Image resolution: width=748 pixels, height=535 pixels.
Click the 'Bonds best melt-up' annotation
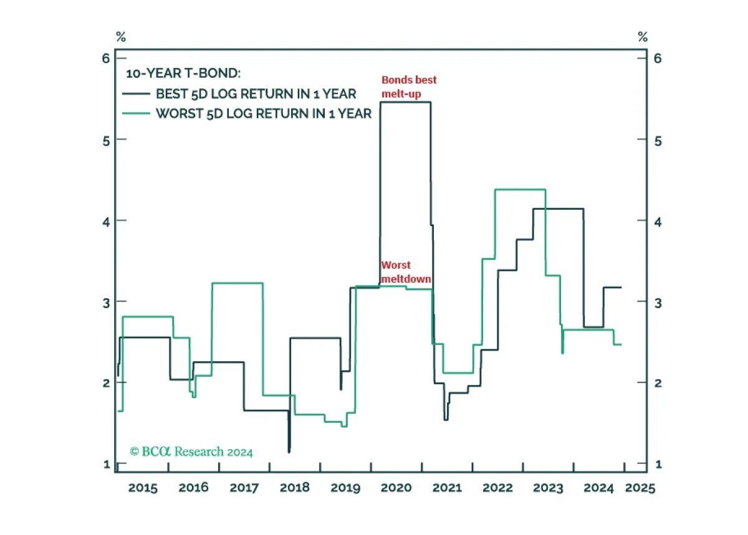409,87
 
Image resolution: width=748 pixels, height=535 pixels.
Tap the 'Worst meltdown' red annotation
406,272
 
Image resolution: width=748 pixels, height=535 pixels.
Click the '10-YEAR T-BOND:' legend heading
183,73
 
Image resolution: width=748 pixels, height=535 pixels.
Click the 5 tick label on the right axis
658,141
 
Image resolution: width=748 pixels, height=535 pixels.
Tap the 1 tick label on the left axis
107,464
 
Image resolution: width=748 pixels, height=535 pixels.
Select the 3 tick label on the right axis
658,303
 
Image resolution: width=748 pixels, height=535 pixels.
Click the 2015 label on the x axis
143,488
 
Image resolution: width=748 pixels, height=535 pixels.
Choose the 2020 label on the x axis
396,488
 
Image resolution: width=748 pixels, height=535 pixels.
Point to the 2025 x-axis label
640,488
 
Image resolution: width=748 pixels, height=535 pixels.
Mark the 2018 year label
294,488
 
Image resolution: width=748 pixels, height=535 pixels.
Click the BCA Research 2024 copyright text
191,452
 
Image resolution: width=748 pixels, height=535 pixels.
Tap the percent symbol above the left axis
121,36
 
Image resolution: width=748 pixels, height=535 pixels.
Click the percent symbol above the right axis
643,36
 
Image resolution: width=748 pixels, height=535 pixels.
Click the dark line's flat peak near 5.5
405,102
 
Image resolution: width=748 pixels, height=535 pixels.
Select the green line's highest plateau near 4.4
520,189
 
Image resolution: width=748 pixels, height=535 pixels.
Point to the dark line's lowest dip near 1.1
289,451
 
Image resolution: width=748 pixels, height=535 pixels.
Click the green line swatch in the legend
136,114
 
